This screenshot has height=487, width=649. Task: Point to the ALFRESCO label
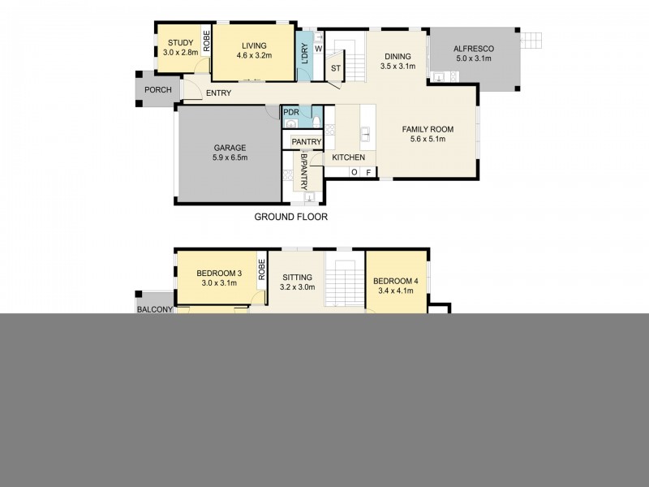[x=475, y=49]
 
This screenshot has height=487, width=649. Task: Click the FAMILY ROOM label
[x=428, y=129]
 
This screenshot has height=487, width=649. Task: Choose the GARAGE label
[x=230, y=148]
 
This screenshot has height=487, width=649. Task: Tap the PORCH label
[x=156, y=90]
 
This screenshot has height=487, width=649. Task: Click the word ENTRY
[x=218, y=93]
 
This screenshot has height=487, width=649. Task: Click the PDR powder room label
[x=291, y=111]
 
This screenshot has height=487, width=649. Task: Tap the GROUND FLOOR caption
[x=291, y=217]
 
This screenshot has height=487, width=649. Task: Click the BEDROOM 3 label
[x=218, y=273]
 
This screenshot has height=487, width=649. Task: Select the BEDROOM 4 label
[x=395, y=282]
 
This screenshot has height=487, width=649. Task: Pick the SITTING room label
[x=296, y=277]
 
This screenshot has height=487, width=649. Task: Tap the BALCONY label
[x=154, y=308]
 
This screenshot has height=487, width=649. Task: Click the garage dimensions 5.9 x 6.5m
[x=230, y=157]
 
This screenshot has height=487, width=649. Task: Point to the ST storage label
[x=334, y=68]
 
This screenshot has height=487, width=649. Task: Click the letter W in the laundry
[x=319, y=48]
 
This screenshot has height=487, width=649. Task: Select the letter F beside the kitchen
[x=367, y=172]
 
